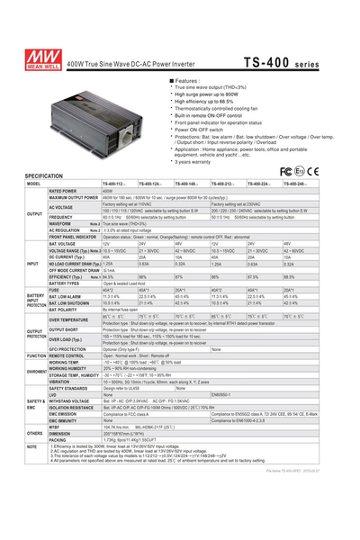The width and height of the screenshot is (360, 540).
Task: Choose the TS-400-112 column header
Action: [x=116, y=184]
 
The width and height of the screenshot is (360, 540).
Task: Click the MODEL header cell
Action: [x=34, y=184]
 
